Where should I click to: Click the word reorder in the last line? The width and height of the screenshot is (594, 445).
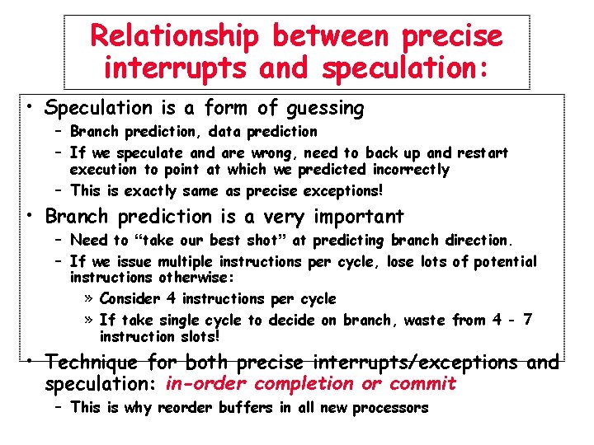click(x=185, y=408)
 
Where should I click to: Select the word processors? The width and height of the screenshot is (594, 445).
click(x=390, y=408)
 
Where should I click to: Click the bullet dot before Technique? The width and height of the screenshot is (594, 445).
click(x=29, y=361)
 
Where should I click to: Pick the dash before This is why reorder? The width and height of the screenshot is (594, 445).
click(x=60, y=407)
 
